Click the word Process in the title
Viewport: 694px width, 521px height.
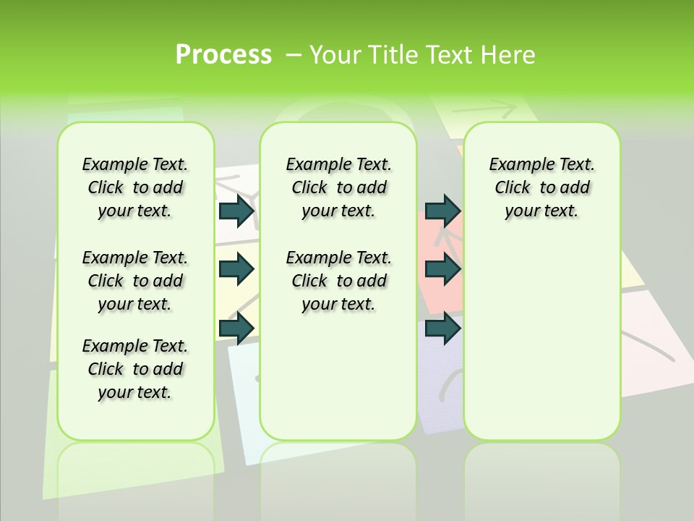pyautogui.click(x=223, y=54)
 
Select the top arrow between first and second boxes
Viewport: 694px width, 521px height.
pyautogui.click(x=236, y=211)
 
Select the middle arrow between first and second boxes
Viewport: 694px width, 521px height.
pyautogui.click(x=236, y=269)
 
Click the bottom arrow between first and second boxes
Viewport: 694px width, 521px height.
pyautogui.click(x=236, y=329)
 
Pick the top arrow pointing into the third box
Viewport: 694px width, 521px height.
pyautogui.click(x=442, y=211)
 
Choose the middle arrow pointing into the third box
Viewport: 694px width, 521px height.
pyautogui.click(x=442, y=269)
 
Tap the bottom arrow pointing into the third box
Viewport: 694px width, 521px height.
pyautogui.click(x=442, y=329)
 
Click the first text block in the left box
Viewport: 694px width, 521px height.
pyautogui.click(x=134, y=187)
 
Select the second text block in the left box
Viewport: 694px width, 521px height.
pyautogui.click(x=134, y=281)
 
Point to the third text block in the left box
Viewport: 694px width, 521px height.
pyautogui.click(x=134, y=369)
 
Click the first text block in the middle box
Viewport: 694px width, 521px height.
pyautogui.click(x=338, y=187)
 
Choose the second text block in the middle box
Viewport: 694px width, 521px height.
pyautogui.click(x=338, y=281)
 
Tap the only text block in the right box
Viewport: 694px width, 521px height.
pyautogui.click(x=541, y=187)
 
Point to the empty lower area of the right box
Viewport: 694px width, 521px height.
pyautogui.click(x=541, y=340)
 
